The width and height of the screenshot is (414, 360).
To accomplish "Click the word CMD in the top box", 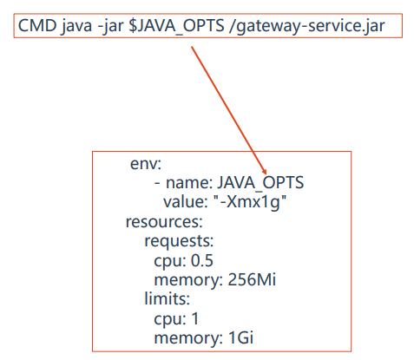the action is tap(37, 25).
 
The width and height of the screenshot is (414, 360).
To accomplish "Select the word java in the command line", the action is tap(76, 26).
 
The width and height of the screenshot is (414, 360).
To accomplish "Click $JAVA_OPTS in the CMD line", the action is tap(176, 26).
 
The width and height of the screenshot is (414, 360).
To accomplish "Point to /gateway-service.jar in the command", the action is tap(306, 26).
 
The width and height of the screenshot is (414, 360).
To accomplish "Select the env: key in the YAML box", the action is tap(146, 164).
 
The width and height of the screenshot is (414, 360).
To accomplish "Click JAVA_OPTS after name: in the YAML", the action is tap(260, 183).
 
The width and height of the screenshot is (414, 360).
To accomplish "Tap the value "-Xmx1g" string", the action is tap(250, 202).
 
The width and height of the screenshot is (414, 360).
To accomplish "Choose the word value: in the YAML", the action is tap(186, 201).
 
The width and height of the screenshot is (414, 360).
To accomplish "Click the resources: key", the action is tap(164, 222).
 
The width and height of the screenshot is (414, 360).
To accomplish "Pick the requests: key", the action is tap(179, 241).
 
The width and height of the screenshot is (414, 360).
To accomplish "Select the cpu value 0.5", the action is tap(202, 260).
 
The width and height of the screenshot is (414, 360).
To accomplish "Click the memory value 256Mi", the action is tap(252, 279).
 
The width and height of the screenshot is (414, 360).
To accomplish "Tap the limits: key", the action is tap(167, 298).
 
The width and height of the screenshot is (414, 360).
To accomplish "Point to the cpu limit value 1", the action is tap(195, 318).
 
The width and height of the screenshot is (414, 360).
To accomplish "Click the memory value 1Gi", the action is tap(240, 337).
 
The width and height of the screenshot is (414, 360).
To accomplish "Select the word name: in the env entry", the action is tap(189, 183).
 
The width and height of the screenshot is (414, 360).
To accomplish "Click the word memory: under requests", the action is tap(188, 280).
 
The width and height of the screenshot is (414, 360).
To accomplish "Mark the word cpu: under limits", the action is tap(170, 319).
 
